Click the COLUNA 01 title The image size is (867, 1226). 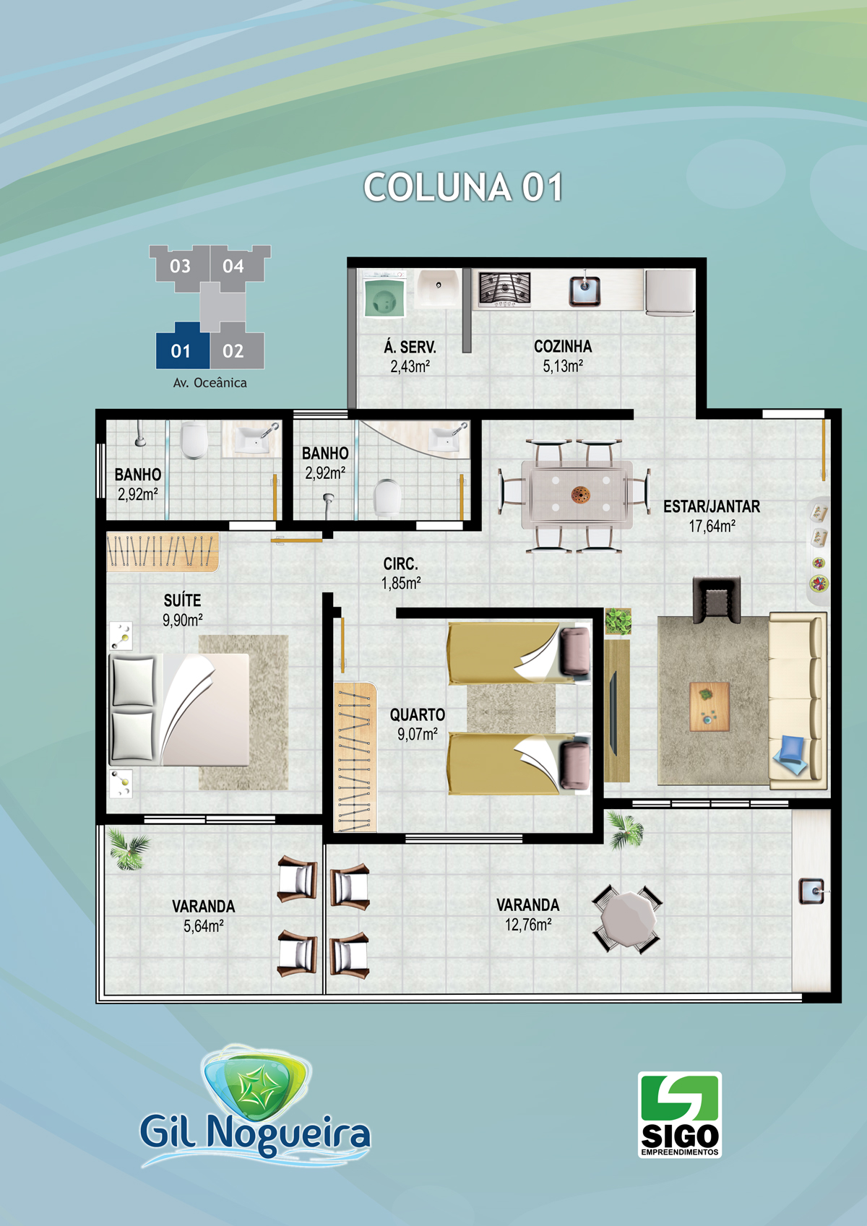pos(463,188)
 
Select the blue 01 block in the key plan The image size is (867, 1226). pos(182,347)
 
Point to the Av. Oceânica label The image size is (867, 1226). pos(210,383)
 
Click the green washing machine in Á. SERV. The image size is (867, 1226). pos(385,295)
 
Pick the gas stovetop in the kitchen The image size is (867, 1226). pos(504,288)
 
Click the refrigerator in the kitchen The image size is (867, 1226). pos(670,293)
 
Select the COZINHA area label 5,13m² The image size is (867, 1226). pos(563,366)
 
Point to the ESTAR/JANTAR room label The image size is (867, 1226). pos(712,507)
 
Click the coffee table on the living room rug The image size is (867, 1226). pos(709,707)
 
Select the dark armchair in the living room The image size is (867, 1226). pos(717,600)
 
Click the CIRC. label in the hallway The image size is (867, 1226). pos(401,564)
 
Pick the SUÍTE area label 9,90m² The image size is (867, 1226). pos(182,620)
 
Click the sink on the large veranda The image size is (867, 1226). pos(811,892)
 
